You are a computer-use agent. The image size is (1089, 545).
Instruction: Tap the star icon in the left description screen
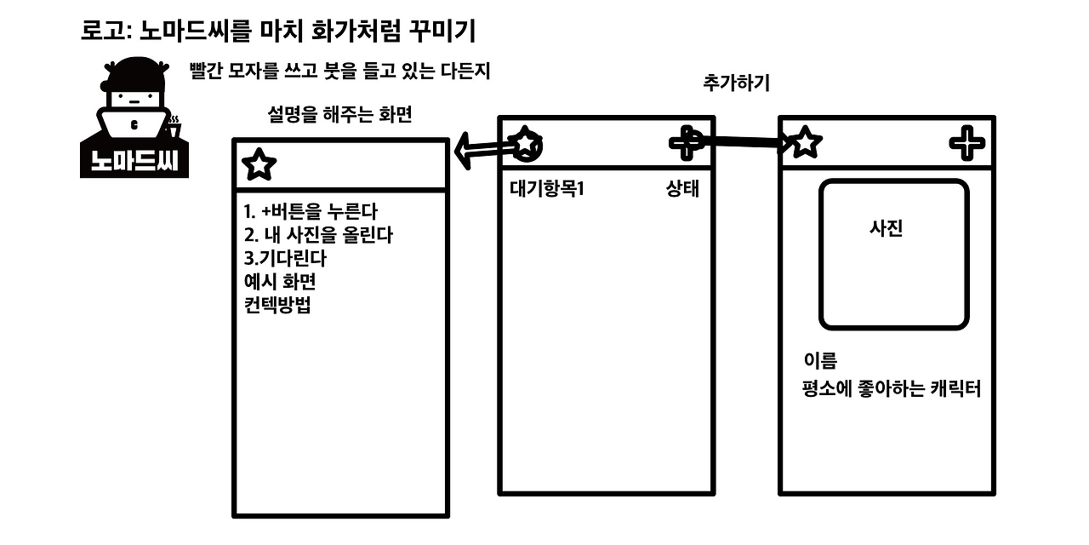pos(259,165)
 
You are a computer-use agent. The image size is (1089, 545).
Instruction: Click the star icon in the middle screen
pos(527,143)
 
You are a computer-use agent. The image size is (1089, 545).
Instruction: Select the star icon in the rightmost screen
pos(806,142)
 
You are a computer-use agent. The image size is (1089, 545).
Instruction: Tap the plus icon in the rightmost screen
pos(966,142)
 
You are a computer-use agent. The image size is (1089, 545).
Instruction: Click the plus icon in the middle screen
pos(685,141)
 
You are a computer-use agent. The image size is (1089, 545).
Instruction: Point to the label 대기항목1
pos(547,189)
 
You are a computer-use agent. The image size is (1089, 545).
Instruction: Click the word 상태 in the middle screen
pos(682,189)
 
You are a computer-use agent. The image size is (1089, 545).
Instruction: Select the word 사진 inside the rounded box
pos(886,228)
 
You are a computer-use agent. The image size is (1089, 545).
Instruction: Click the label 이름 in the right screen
pos(820,360)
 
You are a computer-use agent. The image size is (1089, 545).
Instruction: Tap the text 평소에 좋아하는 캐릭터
pos(892,390)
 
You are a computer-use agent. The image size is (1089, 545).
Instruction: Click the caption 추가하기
pos(737,83)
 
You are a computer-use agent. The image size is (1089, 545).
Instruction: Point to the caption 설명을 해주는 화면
pos(339,114)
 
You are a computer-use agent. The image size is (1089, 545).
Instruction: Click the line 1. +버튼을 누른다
pos(310,211)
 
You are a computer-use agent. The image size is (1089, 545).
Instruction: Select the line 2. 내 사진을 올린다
pos(318,234)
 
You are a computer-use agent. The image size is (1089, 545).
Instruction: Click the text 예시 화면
pos(280,282)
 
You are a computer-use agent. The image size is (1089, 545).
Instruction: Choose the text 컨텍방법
pos(277,305)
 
